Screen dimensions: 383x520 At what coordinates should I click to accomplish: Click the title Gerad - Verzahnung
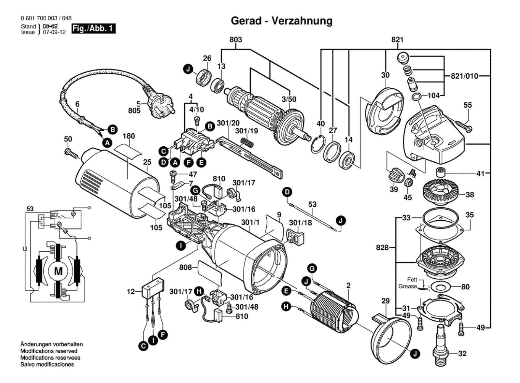(281, 21)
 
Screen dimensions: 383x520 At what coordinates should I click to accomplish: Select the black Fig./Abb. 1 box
(93, 28)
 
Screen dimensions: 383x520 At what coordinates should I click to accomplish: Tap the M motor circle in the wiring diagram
(58, 271)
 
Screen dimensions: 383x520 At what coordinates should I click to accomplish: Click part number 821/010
(464, 76)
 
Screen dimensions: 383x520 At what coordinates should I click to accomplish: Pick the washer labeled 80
(440, 287)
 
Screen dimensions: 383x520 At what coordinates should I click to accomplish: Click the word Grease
(407, 286)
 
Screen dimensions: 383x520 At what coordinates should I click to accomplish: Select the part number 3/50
(289, 99)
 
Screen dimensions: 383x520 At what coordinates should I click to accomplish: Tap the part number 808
(185, 268)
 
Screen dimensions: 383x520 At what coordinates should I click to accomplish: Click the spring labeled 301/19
(247, 143)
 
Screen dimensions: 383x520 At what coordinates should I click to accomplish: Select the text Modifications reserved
(49, 351)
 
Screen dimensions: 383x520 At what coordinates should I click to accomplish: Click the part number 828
(382, 247)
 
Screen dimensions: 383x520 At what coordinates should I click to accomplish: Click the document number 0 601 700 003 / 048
(46, 18)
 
